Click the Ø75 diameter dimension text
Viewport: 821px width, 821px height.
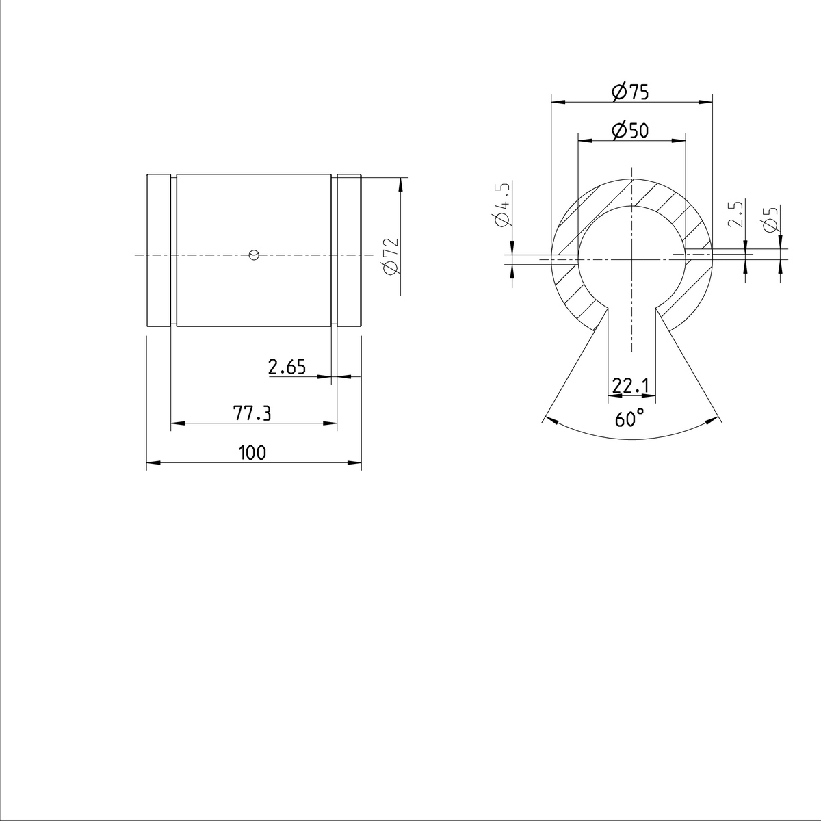pos(630,92)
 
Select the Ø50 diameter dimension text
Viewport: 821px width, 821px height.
pos(630,130)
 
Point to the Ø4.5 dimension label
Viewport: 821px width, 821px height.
pos(501,205)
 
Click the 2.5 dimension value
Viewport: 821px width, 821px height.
pos(735,214)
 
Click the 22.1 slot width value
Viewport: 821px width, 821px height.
pos(630,387)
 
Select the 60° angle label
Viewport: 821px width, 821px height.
pos(629,418)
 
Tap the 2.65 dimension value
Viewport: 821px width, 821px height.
pos(287,367)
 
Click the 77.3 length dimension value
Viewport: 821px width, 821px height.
pos(252,413)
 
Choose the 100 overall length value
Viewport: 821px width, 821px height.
pos(252,452)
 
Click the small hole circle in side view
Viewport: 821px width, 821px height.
pos(254,255)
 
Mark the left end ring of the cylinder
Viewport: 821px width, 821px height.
pos(158,251)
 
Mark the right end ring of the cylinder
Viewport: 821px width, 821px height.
pos(349,251)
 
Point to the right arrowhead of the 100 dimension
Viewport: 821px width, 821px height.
pos(356,463)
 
